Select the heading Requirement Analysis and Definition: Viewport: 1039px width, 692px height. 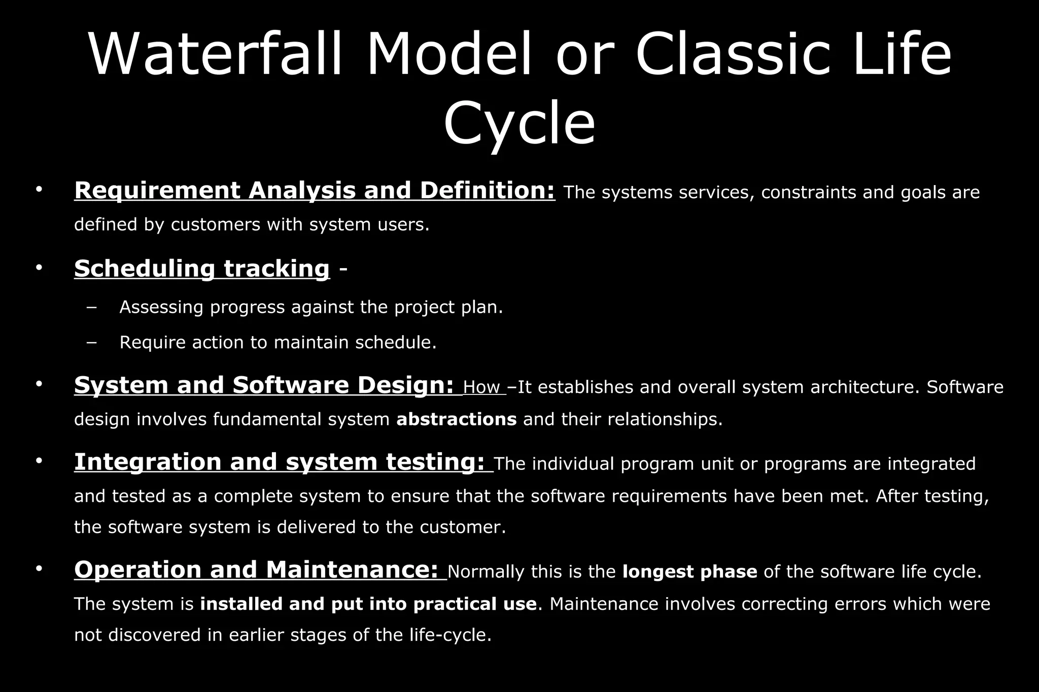coord(315,191)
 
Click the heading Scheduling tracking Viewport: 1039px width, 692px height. coord(202,268)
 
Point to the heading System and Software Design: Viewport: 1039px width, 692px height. coord(264,385)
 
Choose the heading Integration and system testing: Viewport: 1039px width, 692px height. coord(280,462)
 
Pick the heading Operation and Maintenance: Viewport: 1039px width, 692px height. coord(256,570)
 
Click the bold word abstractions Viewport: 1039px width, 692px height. coord(456,420)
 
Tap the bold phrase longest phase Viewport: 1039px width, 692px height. coord(689,572)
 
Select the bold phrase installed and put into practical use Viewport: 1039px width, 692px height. coord(368,604)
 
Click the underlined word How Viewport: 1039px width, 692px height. coord(481,388)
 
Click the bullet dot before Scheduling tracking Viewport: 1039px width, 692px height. coord(39,267)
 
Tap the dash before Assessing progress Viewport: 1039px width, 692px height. coord(91,308)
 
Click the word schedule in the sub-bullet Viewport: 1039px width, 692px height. coord(395,343)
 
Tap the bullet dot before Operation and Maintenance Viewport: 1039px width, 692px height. coord(39,568)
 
